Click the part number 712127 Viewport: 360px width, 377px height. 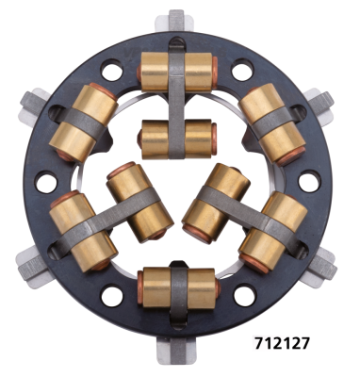pyautogui.click(x=283, y=343)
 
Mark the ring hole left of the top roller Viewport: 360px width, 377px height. pyautogui.click(x=114, y=67)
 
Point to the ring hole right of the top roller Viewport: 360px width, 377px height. pyautogui.click(x=242, y=68)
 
